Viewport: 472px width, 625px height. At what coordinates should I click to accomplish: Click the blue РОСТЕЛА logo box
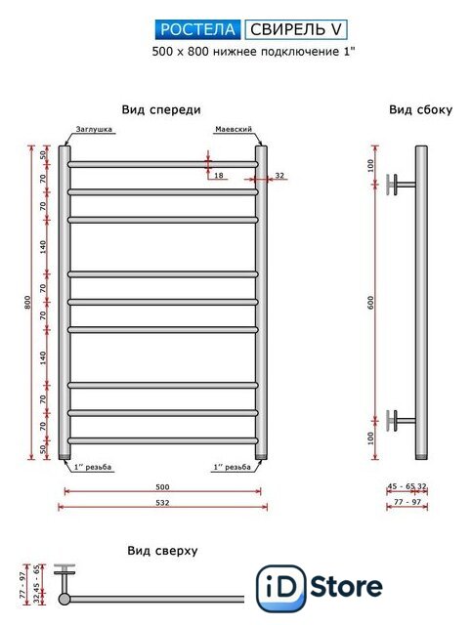coord(198,29)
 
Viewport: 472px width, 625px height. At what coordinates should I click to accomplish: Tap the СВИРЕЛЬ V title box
coord(296,29)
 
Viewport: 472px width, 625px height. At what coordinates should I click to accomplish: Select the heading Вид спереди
coord(161,110)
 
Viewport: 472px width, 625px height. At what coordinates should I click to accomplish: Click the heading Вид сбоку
coord(420,110)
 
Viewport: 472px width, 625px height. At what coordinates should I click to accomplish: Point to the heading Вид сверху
coord(162,551)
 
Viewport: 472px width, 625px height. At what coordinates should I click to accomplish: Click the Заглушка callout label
coord(94,129)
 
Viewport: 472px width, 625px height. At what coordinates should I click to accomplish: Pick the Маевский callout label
coord(234,129)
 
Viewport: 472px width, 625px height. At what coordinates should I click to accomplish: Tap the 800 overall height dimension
coord(27,303)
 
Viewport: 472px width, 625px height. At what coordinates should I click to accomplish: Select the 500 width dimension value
coord(162,486)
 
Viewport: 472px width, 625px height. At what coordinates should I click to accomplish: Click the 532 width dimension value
coord(162,503)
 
